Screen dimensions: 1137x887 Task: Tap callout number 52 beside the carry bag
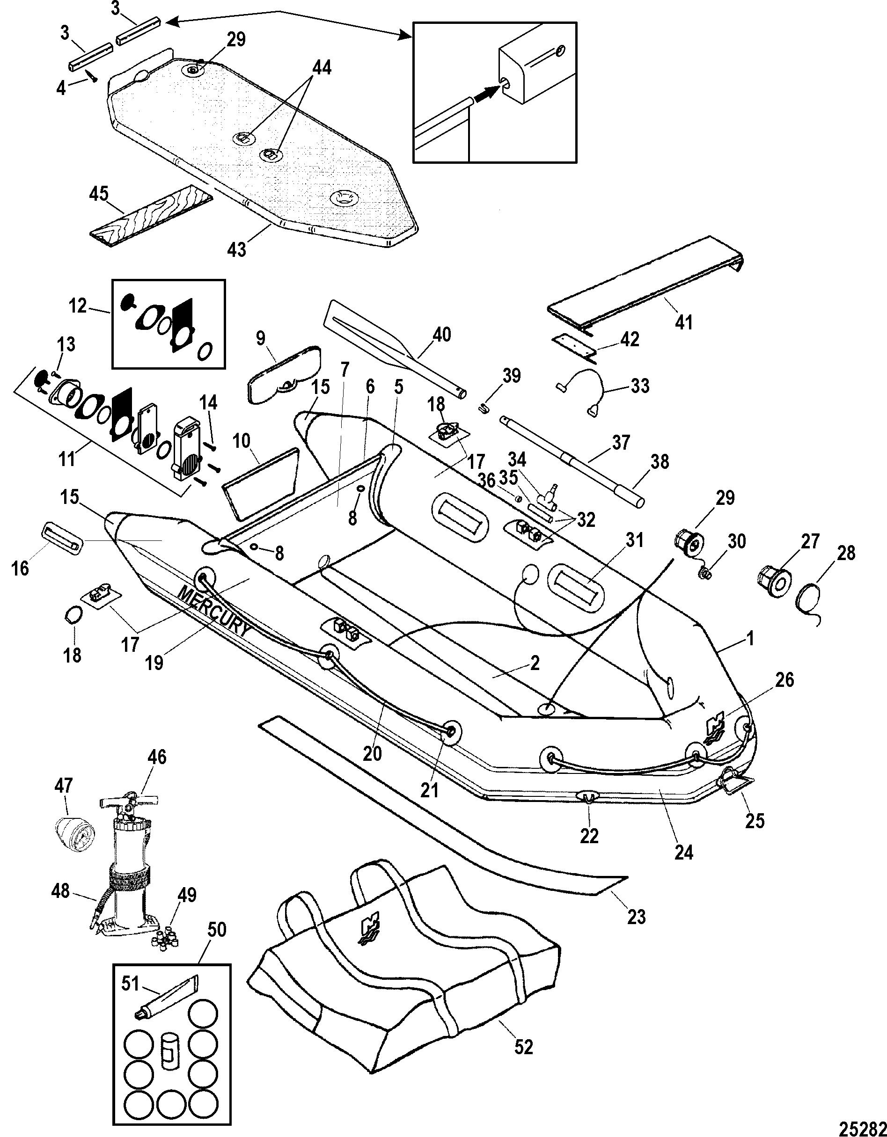pyautogui.click(x=523, y=1046)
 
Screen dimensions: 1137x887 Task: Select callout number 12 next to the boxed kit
pyautogui.click(x=78, y=306)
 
